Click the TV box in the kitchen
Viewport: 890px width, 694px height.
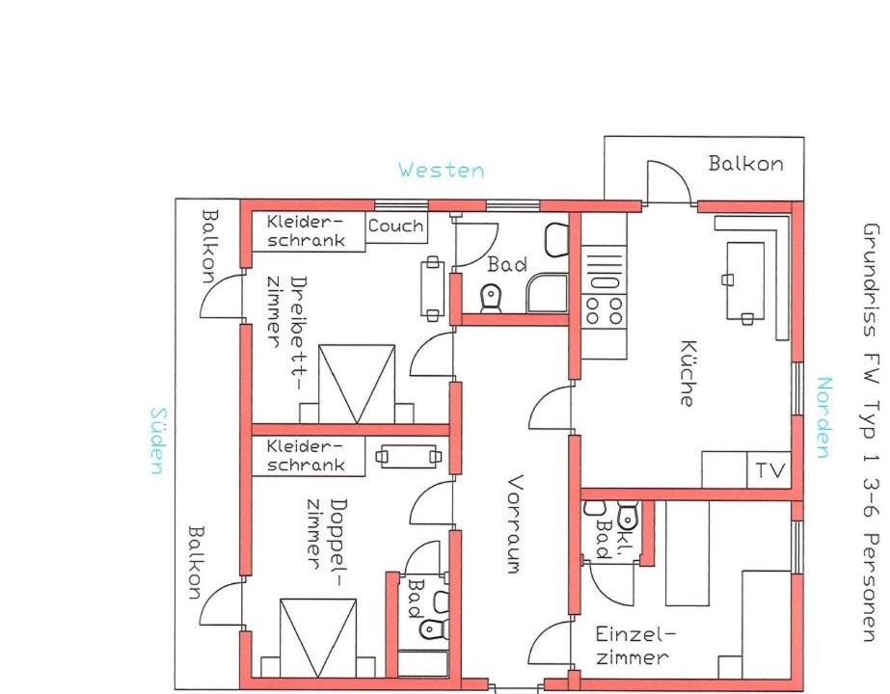pos(769,469)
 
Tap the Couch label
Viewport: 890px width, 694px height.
pos(395,226)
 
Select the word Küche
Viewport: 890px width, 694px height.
pos(687,373)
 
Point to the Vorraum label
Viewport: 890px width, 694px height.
pos(514,524)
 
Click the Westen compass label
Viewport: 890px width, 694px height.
pos(441,170)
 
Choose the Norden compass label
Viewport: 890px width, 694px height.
pos(824,417)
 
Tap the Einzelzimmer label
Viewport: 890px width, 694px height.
pos(632,645)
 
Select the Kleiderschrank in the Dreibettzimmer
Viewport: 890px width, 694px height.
pos(307,231)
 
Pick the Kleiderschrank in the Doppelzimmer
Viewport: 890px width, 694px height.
pos(307,456)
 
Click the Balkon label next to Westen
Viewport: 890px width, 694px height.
pos(745,164)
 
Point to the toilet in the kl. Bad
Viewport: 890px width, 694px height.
pos(627,514)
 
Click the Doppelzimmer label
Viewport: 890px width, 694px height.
pos(327,535)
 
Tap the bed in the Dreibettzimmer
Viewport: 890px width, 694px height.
pos(357,384)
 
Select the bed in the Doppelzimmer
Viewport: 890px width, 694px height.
pos(318,638)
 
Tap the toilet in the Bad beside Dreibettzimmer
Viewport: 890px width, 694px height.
pos(491,298)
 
